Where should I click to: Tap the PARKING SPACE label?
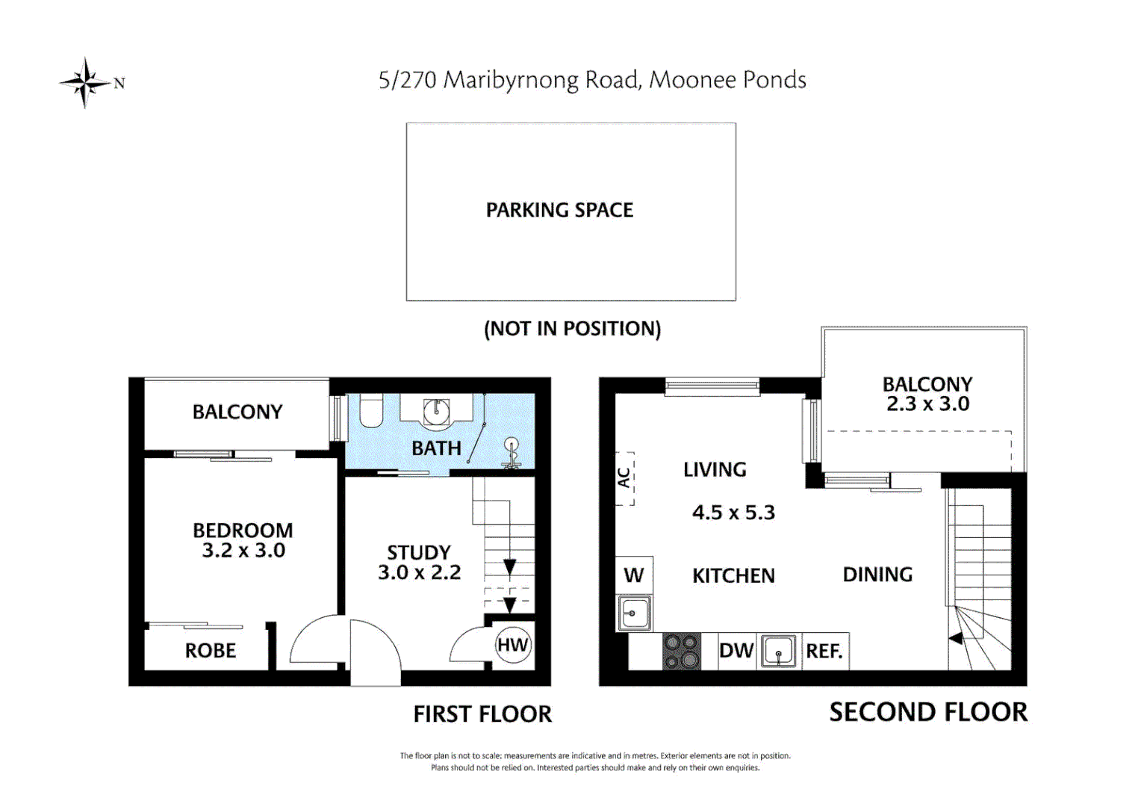point(559,211)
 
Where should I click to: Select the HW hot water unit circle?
point(513,646)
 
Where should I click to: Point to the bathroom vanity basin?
point(436,410)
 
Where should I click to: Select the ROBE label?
point(211,651)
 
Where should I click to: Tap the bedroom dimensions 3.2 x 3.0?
point(243,551)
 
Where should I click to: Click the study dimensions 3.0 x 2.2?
point(419,572)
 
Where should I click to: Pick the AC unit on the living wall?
point(625,478)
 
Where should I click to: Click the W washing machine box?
point(634,575)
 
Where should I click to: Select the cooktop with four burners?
point(682,652)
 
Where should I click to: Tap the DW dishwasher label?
point(736,652)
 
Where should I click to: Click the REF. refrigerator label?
point(824,652)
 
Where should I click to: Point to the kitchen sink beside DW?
point(779,652)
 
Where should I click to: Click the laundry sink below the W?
point(634,613)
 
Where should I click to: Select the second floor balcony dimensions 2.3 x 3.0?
point(927,404)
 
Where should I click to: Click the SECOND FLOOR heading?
point(928,712)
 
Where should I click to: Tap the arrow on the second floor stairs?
point(955,639)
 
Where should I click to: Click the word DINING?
point(877,575)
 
